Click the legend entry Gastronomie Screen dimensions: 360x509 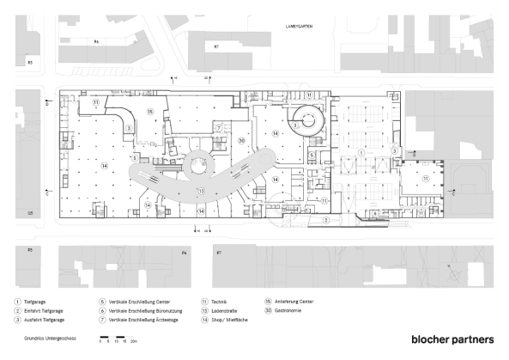coord(288,310)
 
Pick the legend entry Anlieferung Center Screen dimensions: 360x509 coord(291,302)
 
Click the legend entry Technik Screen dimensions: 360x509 coord(220,302)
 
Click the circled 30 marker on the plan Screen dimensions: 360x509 coord(242,140)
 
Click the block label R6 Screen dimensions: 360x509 coord(97,41)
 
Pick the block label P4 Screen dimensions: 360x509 coord(184,253)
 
